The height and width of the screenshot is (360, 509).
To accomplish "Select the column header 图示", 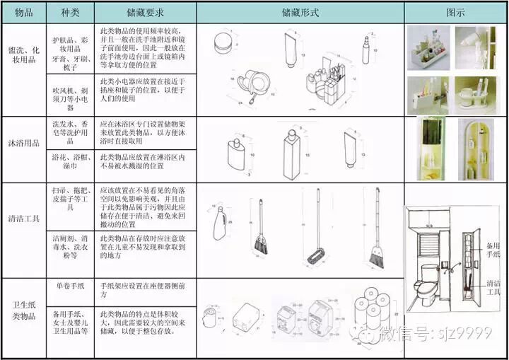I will pos(455,13).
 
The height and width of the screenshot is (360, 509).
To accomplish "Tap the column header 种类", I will pos(70,13).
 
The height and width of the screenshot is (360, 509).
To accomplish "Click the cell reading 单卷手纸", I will pos(70,286).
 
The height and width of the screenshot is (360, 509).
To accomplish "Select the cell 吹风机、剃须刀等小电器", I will pos(70,95).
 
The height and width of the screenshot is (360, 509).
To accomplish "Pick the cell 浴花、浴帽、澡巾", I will pos(70,162).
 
